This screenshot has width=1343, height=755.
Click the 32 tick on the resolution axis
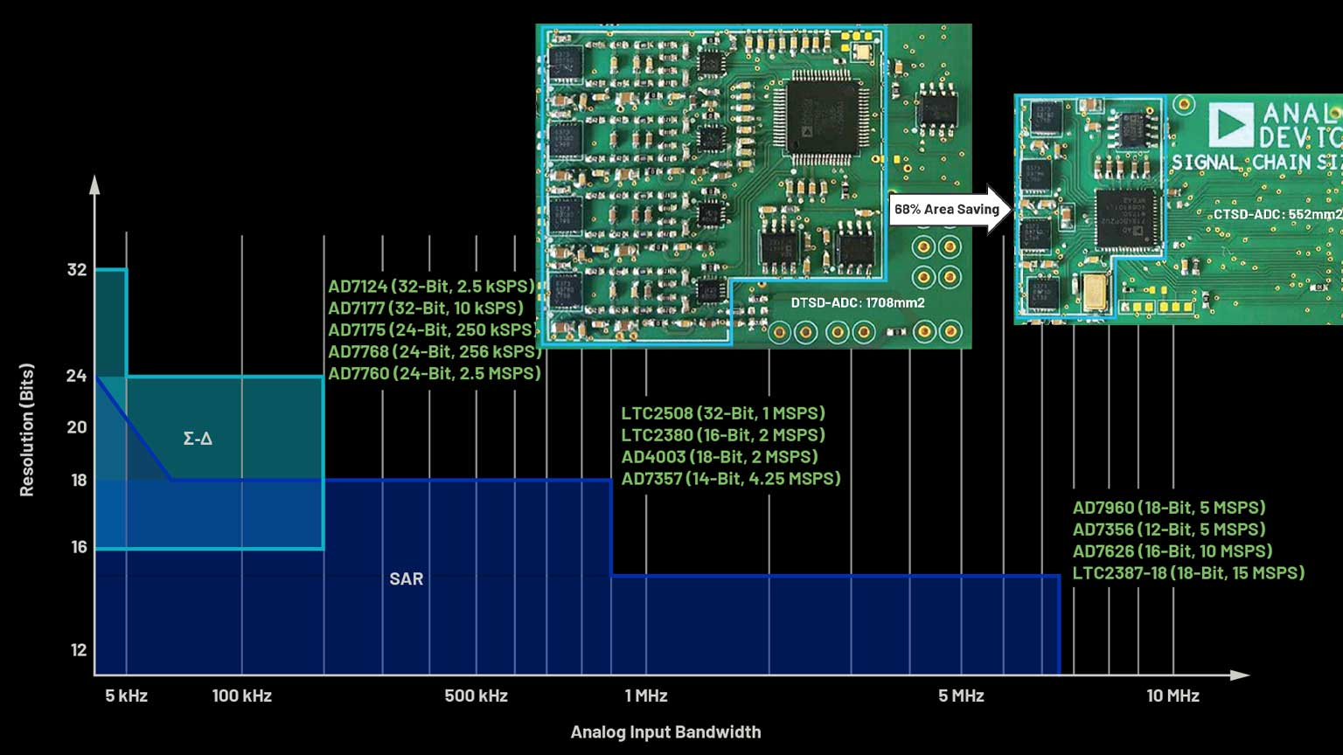[77, 270]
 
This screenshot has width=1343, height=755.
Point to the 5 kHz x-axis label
[127, 696]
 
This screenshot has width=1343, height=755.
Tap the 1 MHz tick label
[646, 696]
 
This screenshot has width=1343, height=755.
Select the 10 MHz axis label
[1173, 696]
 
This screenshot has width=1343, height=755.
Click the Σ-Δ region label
[198, 439]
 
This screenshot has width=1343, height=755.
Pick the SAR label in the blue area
[407, 578]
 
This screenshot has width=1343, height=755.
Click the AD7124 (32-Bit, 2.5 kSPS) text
[431, 287]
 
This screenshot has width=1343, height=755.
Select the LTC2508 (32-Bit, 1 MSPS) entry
[723, 413]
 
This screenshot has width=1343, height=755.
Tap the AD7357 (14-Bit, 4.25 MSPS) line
[731, 479]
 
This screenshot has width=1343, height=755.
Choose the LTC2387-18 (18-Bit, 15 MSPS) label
[1188, 573]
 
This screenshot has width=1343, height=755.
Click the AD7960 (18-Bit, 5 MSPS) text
[1169, 508]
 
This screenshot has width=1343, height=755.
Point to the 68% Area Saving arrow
[950, 210]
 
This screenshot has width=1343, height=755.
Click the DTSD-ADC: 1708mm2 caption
[858, 303]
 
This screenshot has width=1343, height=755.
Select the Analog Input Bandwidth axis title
[665, 732]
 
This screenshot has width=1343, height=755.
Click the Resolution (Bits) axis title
[27, 430]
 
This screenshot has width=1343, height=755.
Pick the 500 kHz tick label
[476, 696]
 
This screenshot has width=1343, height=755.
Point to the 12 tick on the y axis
[79, 650]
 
